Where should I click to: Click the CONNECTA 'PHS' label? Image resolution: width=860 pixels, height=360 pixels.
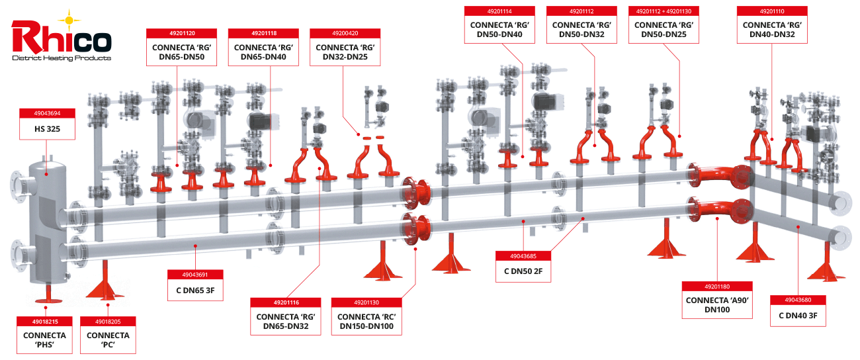point(44,340)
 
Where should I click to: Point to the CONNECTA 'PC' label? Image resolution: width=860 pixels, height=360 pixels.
point(108,340)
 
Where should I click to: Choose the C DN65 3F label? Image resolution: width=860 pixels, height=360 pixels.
point(194,289)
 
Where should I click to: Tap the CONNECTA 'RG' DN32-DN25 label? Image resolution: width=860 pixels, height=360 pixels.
point(345,52)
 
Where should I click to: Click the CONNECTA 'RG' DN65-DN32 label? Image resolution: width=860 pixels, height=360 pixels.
point(286,321)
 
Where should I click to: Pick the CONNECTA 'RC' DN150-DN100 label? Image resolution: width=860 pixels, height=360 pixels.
point(366,321)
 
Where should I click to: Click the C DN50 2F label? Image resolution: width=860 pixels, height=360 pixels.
point(523,271)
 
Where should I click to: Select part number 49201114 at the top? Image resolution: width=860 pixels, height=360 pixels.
point(499,11)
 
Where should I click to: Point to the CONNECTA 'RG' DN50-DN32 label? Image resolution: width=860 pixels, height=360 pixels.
point(581,30)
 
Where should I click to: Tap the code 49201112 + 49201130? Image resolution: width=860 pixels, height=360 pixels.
point(664,11)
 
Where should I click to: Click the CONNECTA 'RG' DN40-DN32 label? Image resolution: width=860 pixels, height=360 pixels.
point(773,30)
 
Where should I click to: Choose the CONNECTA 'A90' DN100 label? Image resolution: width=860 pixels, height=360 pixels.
point(717,304)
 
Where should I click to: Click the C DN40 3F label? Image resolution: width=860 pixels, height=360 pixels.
point(798,315)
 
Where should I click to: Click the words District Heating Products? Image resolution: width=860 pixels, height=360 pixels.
point(61,58)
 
